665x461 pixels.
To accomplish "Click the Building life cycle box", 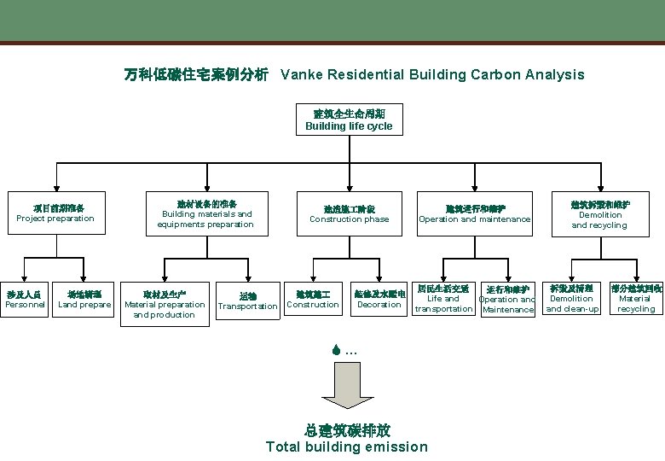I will coord(349,120).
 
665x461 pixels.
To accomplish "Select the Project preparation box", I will coord(57,213).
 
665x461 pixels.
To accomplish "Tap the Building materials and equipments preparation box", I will coord(205,213).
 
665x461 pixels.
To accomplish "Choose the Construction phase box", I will coord(349,213).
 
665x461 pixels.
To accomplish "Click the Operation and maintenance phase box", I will coord(475,213).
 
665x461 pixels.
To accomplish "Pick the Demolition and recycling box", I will coord(599,213).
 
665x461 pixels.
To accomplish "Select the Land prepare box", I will coord(84,299).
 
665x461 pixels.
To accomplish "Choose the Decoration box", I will coord(379,299).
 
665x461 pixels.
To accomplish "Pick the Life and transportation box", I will coord(443,299).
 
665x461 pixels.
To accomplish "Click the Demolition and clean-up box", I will coord(572,299).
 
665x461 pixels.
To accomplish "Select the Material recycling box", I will coord(635,299).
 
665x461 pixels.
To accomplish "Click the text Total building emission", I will coord(347,446).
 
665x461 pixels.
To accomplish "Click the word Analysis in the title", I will coord(554,74).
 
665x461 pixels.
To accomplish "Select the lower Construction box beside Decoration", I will coord(313,299).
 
